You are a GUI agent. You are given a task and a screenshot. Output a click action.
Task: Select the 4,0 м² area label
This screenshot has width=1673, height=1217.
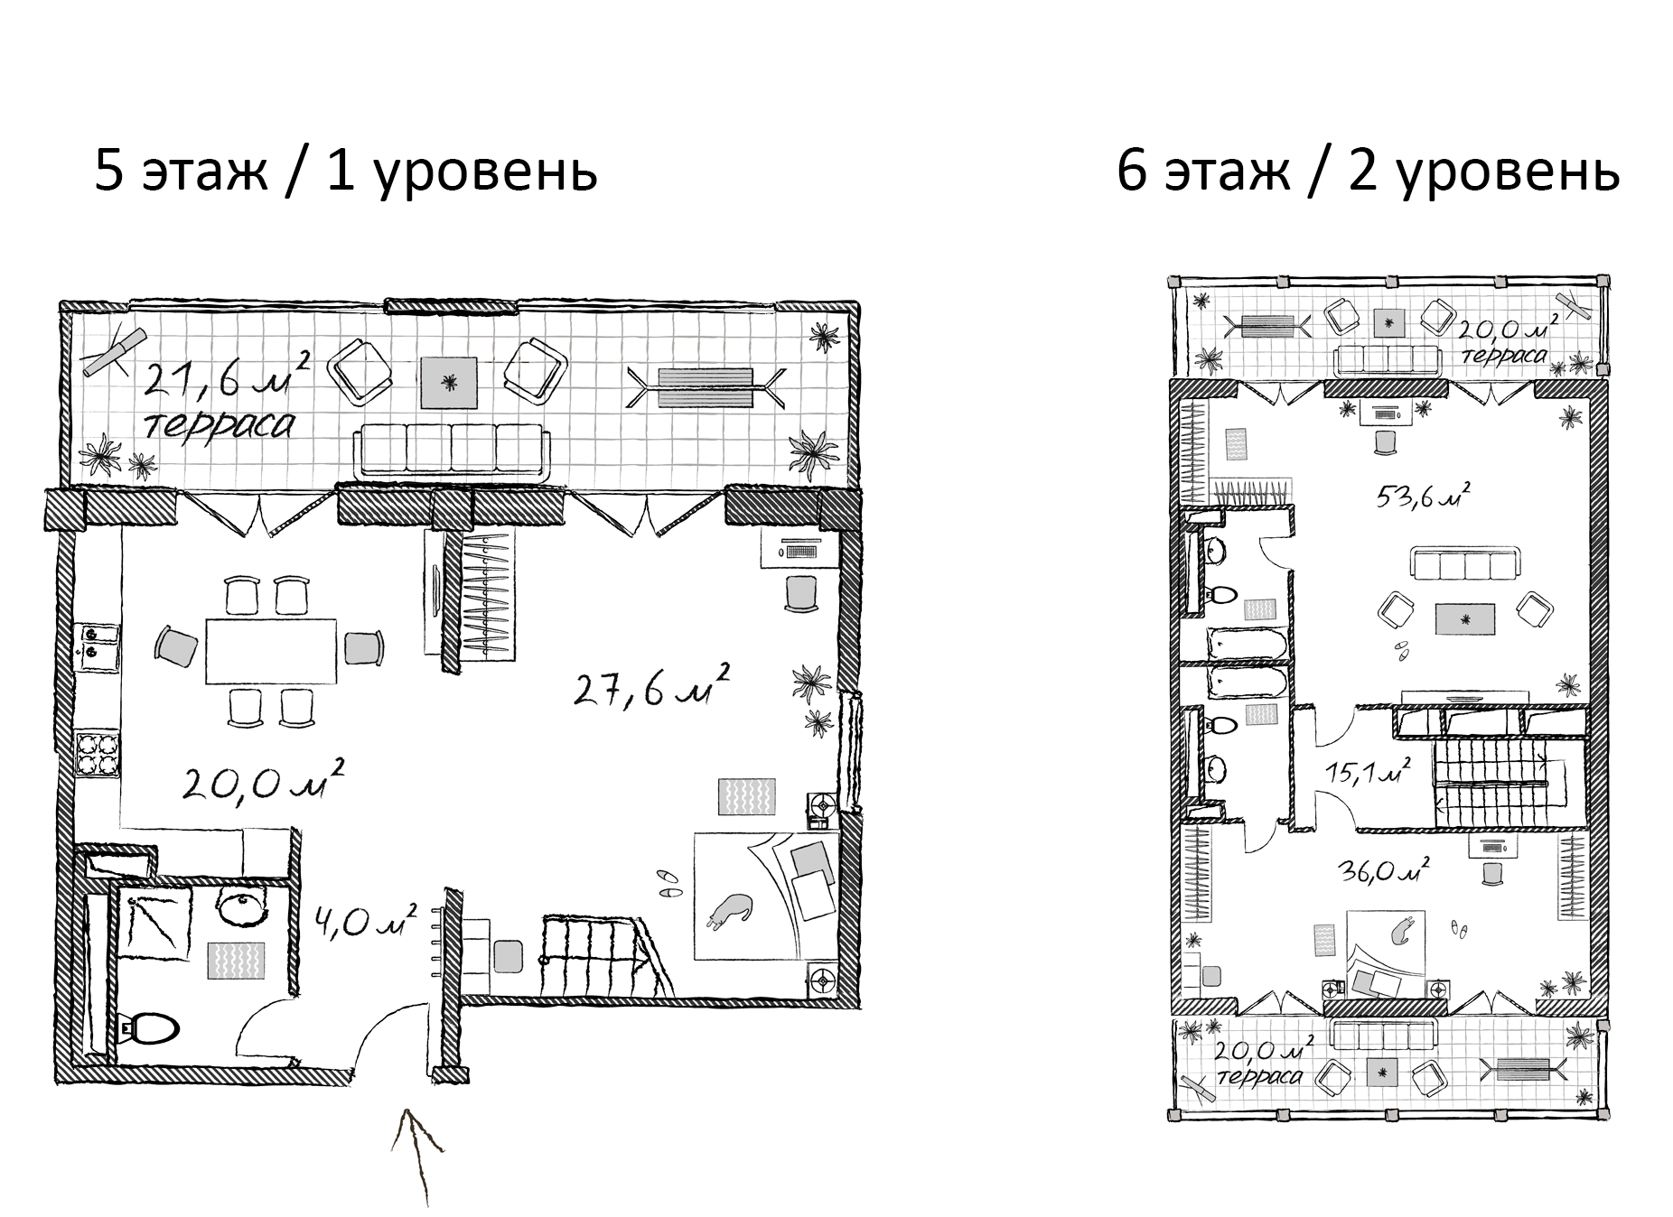[x=366, y=921]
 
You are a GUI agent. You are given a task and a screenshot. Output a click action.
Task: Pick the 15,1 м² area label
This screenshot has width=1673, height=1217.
[x=1369, y=772]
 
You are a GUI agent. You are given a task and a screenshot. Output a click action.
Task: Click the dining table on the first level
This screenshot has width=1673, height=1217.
[x=271, y=651]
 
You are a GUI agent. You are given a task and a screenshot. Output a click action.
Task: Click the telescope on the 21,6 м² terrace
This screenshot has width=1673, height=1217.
[x=114, y=352]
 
